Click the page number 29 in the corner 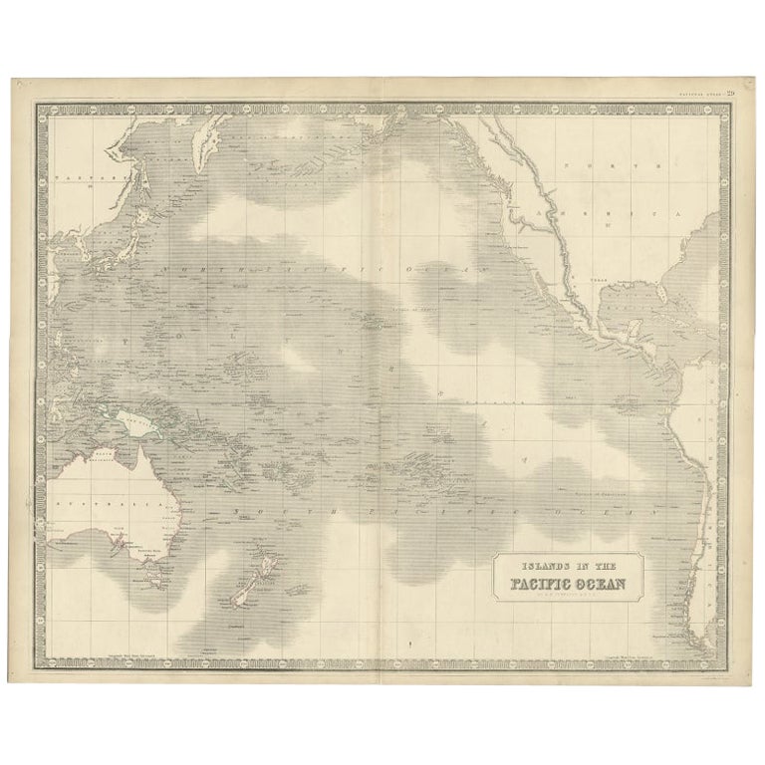(730, 94)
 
